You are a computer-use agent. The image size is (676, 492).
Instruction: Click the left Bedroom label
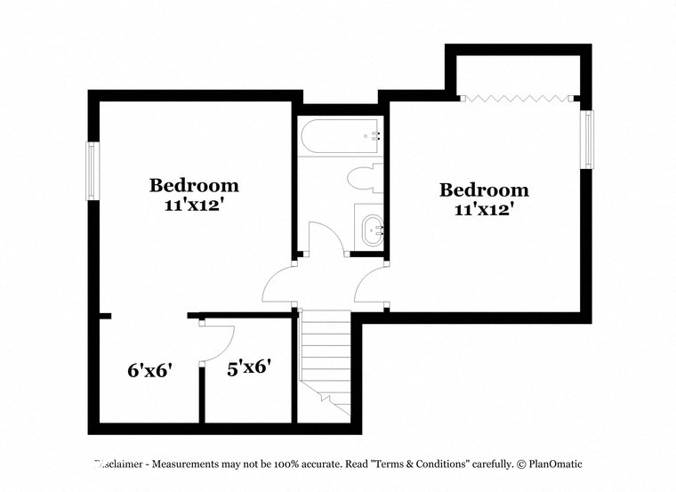pos(194,186)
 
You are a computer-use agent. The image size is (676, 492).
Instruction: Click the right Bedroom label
pos(485,190)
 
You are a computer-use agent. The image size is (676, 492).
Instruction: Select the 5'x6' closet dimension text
pos(249,367)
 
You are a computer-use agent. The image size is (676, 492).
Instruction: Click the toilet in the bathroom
pos(363,178)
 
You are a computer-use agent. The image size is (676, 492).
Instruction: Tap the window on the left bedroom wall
pos(92,171)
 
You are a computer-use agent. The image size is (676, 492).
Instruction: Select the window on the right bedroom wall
pos(587,139)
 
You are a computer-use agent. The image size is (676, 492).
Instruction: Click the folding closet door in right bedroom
pos(519,98)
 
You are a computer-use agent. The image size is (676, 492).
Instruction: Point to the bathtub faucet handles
pos(375,136)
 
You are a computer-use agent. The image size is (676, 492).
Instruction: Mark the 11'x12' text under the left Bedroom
pos(194,206)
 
